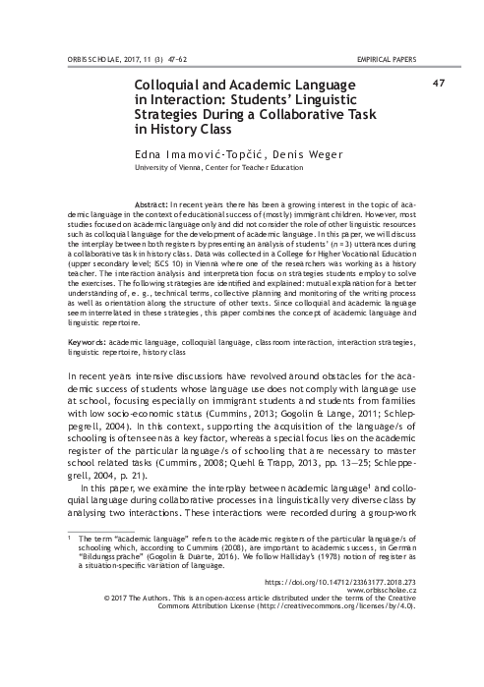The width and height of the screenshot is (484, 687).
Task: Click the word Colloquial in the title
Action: (170, 86)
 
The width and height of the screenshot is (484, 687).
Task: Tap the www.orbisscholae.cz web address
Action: (379, 649)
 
